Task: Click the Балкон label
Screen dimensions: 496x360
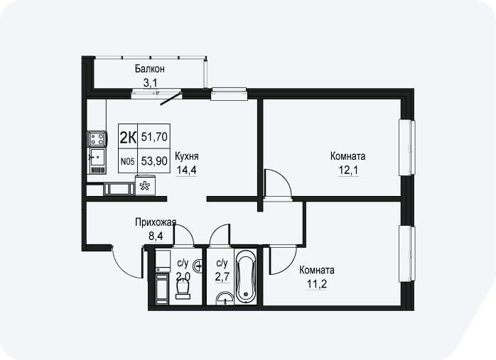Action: pos(150,69)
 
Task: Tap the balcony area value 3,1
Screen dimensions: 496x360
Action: pos(150,83)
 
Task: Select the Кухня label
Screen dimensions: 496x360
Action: pos(187,156)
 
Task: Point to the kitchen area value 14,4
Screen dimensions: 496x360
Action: pos(186,170)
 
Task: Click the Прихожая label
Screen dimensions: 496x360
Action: pos(156,222)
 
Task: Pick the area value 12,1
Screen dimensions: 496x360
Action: pos(348,170)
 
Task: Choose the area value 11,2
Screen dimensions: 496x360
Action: pos(317,284)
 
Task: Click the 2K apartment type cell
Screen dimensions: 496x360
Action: pos(128,137)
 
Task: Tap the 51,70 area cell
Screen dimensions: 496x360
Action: pos(154,137)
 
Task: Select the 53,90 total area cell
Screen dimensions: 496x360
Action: pos(154,161)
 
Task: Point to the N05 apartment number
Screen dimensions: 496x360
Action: pos(128,161)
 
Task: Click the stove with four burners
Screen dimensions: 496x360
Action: pos(97,138)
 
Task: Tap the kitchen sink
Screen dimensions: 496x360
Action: pos(97,158)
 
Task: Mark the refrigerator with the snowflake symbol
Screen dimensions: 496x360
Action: pos(145,185)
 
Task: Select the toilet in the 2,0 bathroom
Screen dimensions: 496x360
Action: pos(183,289)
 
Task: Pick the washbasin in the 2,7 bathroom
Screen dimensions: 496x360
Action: pos(225,298)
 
